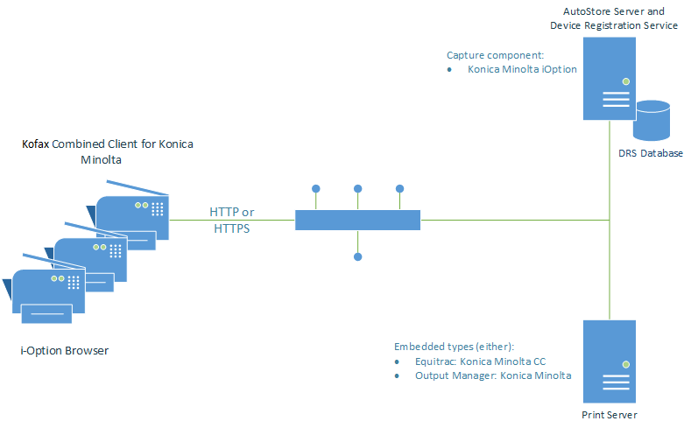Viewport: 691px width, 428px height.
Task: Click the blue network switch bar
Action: coord(357,220)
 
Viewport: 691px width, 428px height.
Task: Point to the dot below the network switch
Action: coord(357,256)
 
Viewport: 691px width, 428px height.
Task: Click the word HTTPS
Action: coord(232,228)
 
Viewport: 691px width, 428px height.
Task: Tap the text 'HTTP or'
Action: coord(232,213)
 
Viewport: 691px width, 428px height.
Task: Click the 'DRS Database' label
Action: coord(650,153)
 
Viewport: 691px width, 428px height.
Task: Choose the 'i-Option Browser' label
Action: coord(64,351)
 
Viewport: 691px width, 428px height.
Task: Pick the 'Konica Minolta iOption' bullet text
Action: coord(522,68)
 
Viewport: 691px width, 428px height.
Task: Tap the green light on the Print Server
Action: coord(626,364)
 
